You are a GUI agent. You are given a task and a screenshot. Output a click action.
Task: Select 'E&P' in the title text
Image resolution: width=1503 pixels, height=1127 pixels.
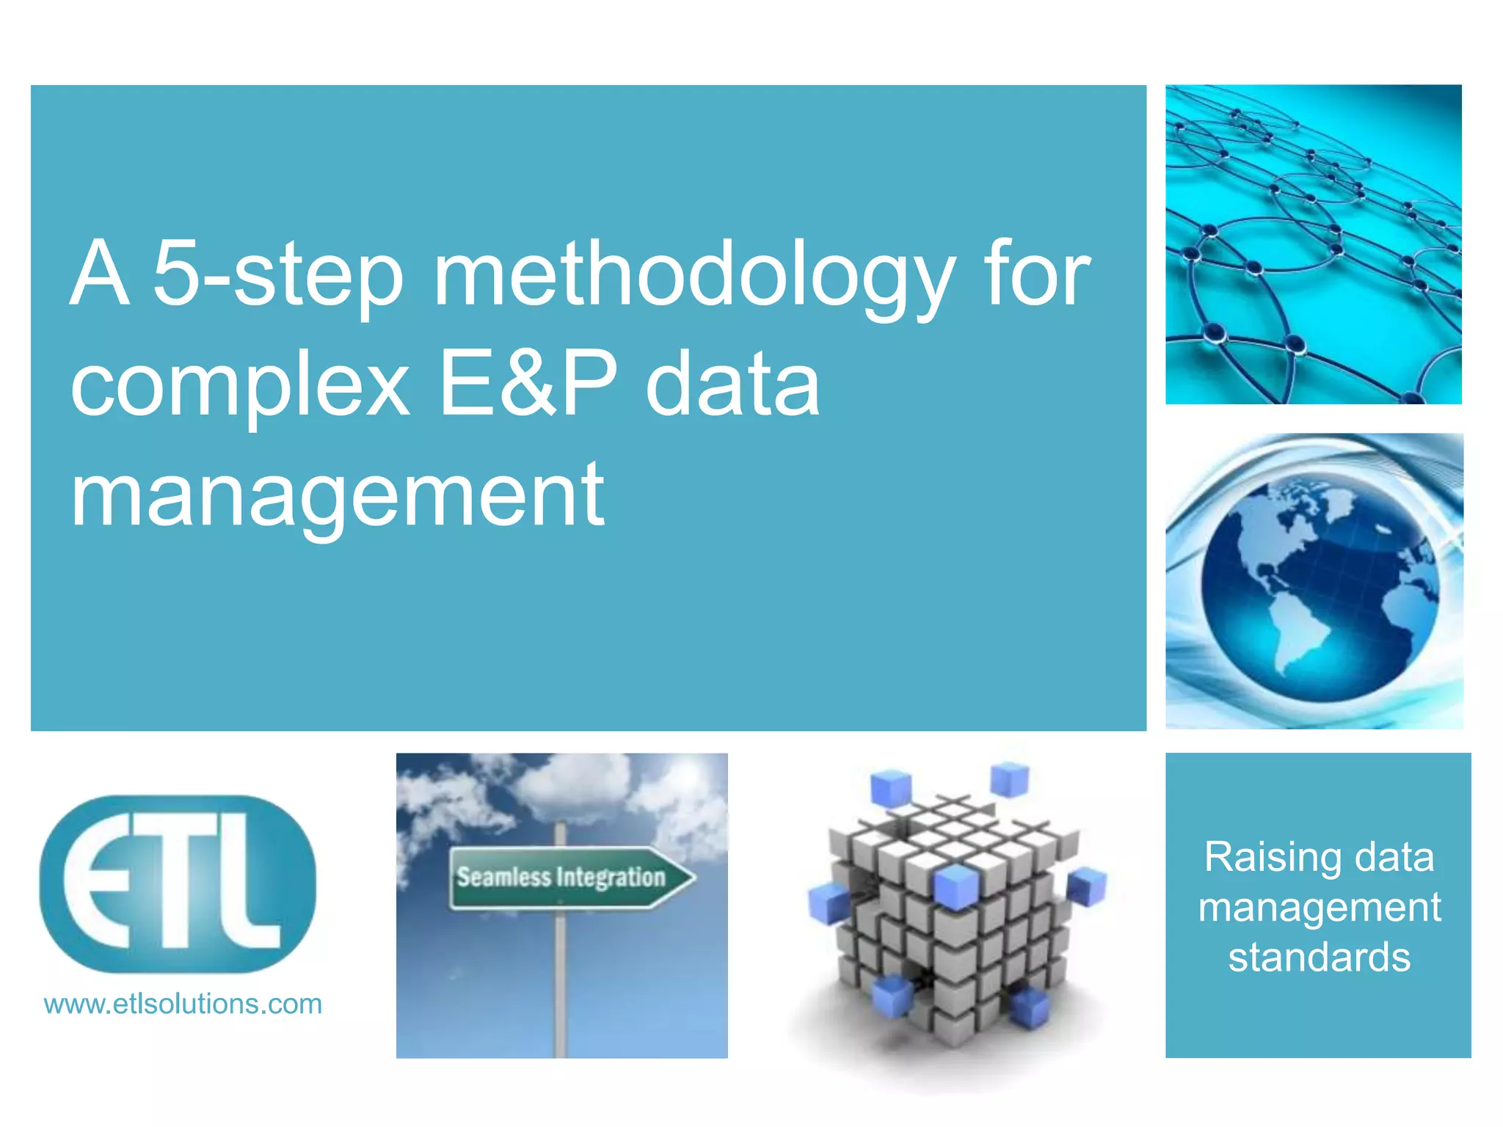click(x=528, y=385)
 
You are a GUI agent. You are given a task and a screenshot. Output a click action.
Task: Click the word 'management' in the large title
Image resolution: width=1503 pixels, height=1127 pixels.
click(x=338, y=495)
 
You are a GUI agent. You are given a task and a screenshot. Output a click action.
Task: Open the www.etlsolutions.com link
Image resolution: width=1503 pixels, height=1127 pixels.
click(x=183, y=1004)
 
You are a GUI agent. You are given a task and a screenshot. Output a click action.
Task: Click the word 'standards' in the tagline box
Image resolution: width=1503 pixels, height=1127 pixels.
click(x=1319, y=958)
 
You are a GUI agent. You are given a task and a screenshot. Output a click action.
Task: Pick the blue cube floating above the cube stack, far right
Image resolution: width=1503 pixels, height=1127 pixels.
click(x=1009, y=779)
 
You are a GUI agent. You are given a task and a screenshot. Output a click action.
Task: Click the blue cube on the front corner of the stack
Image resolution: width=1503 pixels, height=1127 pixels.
click(x=955, y=884)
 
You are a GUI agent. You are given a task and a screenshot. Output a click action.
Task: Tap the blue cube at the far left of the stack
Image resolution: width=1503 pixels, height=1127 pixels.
click(x=829, y=902)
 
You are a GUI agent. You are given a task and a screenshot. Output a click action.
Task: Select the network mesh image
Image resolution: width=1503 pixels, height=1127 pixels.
click(x=1313, y=244)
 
